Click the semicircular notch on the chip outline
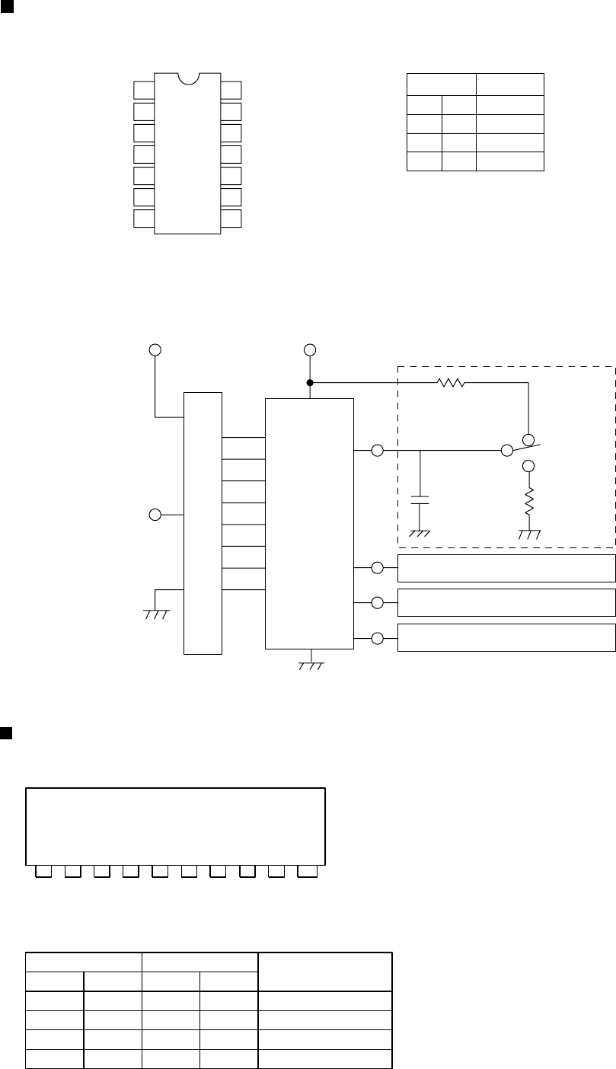tap(187, 78)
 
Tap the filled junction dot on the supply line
tap(310, 382)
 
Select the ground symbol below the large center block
tap(310, 664)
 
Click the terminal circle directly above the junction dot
tap(310, 350)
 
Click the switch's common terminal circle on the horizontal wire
tap(507, 451)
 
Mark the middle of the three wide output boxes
tap(506, 602)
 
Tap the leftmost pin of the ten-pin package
tap(45, 870)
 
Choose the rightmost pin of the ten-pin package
tap(307, 870)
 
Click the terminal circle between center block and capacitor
tap(376, 451)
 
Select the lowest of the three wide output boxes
tap(506, 637)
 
